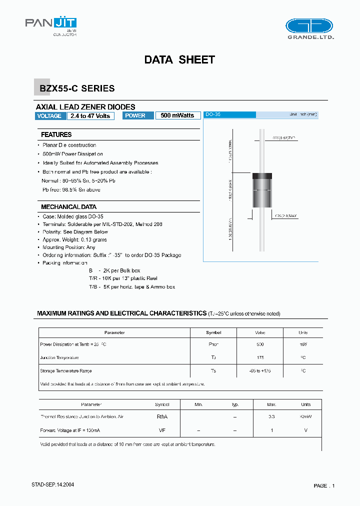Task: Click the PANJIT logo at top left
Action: (x=51, y=24)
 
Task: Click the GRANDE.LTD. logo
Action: (x=308, y=28)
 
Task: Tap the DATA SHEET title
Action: (x=179, y=59)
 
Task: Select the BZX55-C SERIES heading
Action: (x=77, y=88)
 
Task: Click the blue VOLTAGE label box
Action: (x=50, y=115)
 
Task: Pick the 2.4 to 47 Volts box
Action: (x=90, y=115)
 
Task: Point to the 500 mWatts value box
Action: (x=177, y=115)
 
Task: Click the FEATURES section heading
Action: (x=56, y=134)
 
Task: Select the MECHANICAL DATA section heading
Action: (x=68, y=206)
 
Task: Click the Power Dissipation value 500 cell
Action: (x=259, y=344)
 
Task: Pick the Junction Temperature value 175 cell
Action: (x=259, y=357)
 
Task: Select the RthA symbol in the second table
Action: (x=162, y=416)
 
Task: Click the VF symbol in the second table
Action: (x=162, y=430)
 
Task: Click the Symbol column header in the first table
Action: (x=213, y=332)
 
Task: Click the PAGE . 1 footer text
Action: (x=324, y=485)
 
